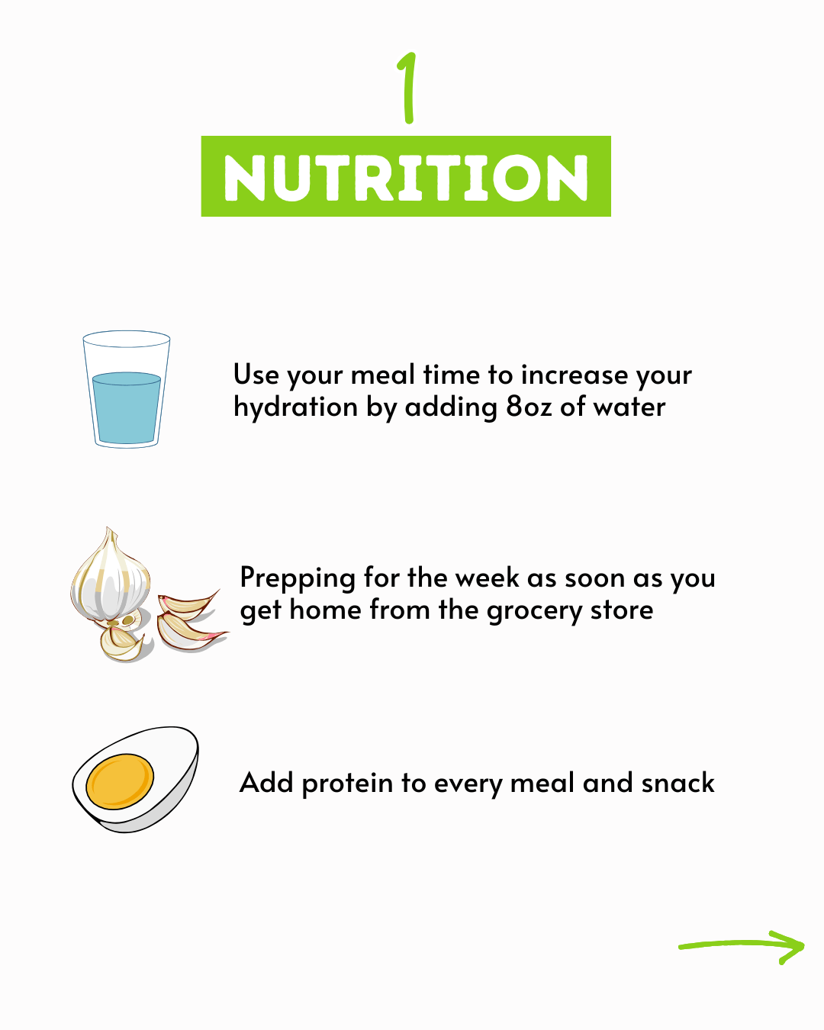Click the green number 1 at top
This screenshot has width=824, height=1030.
[408, 88]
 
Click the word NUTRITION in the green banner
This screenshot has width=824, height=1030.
[406, 178]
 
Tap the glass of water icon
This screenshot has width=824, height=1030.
[127, 389]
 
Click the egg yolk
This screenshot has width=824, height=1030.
[120, 781]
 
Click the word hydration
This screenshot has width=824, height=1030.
[296, 408]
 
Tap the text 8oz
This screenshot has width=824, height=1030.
[529, 407]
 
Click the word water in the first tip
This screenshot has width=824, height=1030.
[629, 407]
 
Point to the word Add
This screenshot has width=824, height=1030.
[266, 783]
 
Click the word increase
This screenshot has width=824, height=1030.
[574, 375]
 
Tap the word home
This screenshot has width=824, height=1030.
[325, 610]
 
